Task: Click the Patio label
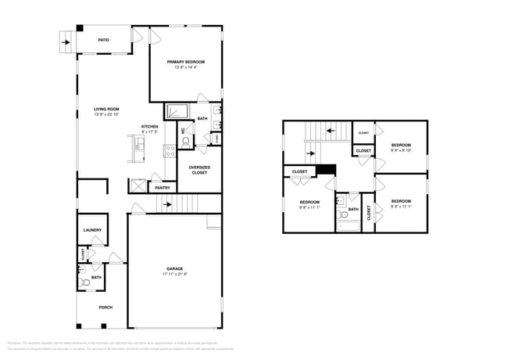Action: point(102,39)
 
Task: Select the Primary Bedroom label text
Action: point(186,61)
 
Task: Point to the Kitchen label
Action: point(149,127)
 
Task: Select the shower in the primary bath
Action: point(178,111)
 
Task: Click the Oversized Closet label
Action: point(199,169)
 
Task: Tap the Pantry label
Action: point(163,188)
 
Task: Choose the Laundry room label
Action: point(92,230)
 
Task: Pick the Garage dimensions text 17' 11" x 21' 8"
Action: point(174,275)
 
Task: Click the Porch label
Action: point(106,307)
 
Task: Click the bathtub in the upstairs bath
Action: point(348,227)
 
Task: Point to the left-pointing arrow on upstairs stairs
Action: point(330,131)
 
